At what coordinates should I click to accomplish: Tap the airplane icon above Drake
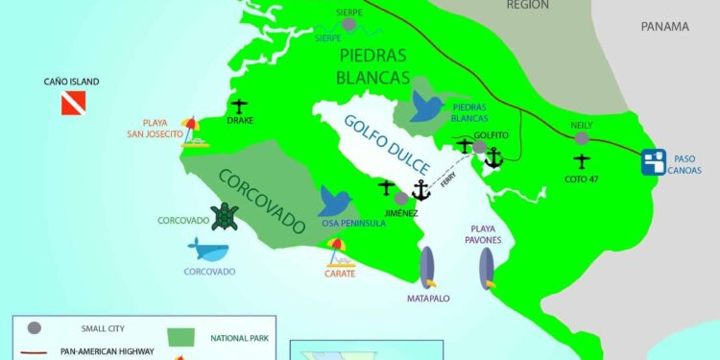tap(240, 105)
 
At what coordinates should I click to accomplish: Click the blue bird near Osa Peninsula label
tap(335, 202)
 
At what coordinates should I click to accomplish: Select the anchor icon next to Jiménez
tap(420, 189)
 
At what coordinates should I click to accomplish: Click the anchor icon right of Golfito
tap(493, 156)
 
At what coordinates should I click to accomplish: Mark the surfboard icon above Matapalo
tap(427, 266)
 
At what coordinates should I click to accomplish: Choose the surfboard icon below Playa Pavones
tap(489, 267)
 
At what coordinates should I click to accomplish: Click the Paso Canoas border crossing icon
tap(655, 162)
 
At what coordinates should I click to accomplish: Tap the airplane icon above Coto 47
tap(581, 161)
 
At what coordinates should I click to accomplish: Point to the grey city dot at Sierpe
tap(348, 24)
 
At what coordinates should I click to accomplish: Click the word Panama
tap(665, 27)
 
